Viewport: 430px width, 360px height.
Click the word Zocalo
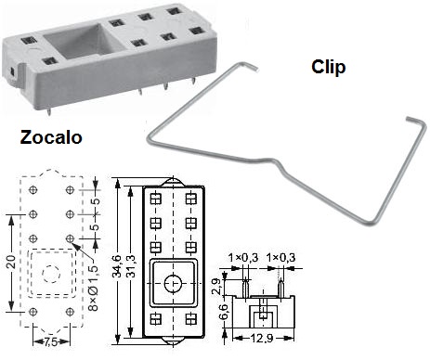point(51,138)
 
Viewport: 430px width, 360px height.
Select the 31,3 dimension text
point(133,259)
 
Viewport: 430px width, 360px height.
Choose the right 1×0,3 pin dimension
point(281,256)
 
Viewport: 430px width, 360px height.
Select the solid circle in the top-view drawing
point(171,282)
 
